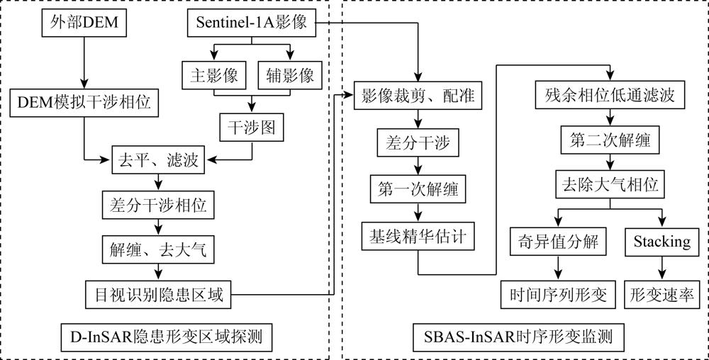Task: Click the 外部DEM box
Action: coord(84,23)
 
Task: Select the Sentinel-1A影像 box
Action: coord(252,23)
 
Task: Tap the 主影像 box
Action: coord(214,75)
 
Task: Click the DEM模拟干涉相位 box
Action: coord(84,103)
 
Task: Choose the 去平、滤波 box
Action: coord(158,160)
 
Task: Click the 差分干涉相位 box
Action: coord(158,206)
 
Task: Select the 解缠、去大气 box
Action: coord(158,249)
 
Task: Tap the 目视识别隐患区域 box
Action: coord(159,295)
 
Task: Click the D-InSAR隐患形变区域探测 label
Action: coord(167,337)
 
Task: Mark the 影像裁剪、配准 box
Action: coord(418,96)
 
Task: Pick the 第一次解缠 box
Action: coord(418,189)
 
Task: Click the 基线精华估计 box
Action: coord(418,236)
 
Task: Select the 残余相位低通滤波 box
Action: coord(610,95)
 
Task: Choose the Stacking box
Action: coord(662,242)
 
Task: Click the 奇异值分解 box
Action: coord(558,242)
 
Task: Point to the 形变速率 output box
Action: coord(662,295)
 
